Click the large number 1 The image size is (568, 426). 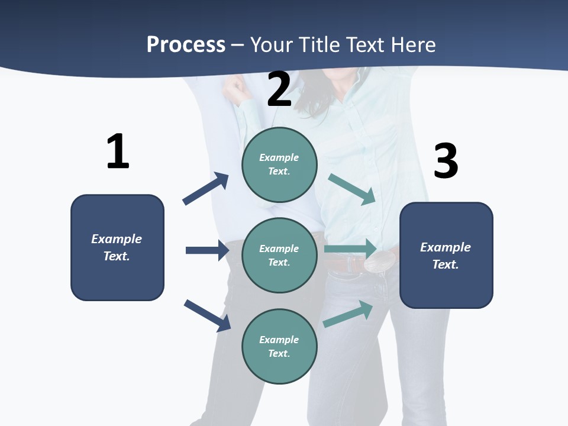(118, 152)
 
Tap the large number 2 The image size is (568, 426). (279, 89)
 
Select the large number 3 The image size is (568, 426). (446, 161)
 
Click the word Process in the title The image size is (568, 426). (186, 44)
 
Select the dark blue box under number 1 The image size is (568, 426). (117, 247)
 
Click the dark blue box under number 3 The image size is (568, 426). (446, 255)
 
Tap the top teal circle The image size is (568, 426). (279, 164)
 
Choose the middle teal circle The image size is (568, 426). (279, 255)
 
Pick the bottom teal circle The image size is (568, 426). (279, 346)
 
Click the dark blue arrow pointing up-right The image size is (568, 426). (206, 189)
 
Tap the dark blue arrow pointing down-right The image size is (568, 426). (207, 315)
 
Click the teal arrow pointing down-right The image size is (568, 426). (353, 189)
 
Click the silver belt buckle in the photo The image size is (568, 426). (379, 261)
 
